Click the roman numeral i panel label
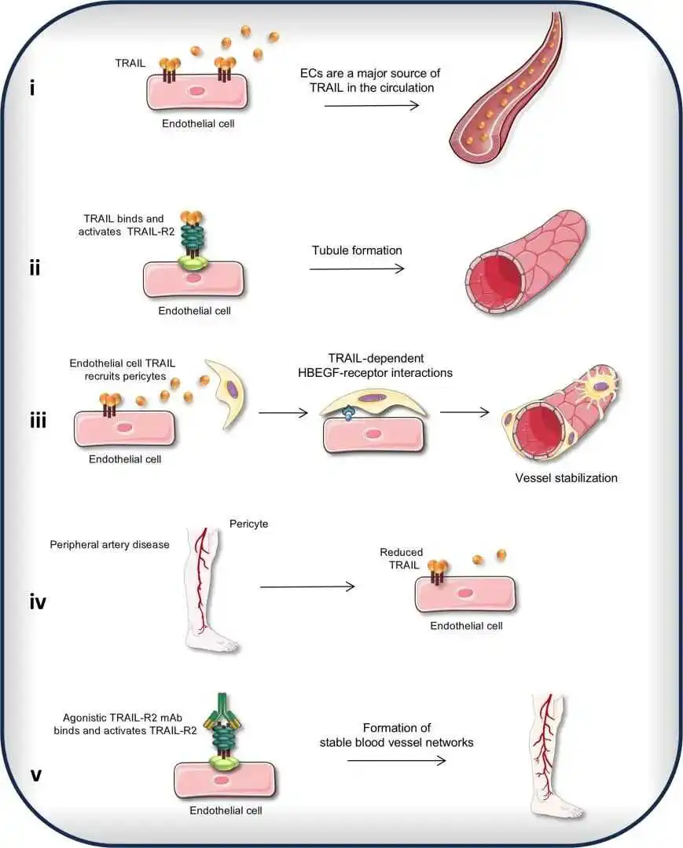(x=31, y=88)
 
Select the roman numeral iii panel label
(x=36, y=421)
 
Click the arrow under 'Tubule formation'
(x=357, y=269)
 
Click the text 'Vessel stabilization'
(x=566, y=477)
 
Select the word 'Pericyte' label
(x=249, y=523)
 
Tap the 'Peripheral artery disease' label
(x=109, y=544)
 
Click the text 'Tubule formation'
(x=357, y=250)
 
